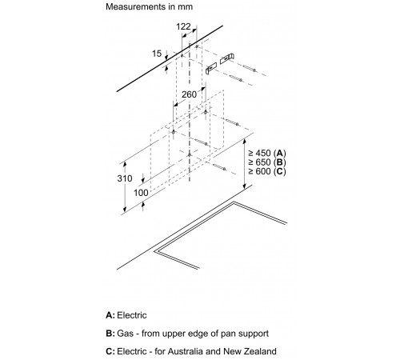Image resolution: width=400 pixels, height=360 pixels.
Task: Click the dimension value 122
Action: (x=183, y=26)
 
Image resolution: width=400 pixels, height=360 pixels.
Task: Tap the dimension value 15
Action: (x=157, y=54)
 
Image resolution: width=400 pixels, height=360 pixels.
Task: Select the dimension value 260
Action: (x=189, y=94)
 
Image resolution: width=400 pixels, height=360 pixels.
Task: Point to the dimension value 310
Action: (x=125, y=178)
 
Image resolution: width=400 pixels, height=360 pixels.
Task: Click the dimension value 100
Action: (x=141, y=193)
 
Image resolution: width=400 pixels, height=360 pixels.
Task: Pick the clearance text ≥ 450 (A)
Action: (x=267, y=153)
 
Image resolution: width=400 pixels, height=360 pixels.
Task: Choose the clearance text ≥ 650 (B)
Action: (x=267, y=162)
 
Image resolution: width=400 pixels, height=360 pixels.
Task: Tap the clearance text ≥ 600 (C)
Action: (x=267, y=171)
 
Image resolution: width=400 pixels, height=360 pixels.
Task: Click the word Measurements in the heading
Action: (x=136, y=6)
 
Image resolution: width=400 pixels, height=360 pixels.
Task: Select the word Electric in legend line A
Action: (x=132, y=315)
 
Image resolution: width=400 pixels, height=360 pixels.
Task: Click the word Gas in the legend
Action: (x=125, y=334)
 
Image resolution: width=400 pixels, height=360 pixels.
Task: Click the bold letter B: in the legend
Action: (x=110, y=334)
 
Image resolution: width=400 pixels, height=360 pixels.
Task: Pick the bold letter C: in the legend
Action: (x=110, y=351)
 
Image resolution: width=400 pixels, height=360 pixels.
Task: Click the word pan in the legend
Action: (x=230, y=334)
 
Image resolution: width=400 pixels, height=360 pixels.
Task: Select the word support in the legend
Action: (x=254, y=334)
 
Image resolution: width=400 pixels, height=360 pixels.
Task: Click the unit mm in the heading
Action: (x=186, y=7)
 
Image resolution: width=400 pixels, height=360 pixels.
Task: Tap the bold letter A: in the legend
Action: (x=110, y=315)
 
